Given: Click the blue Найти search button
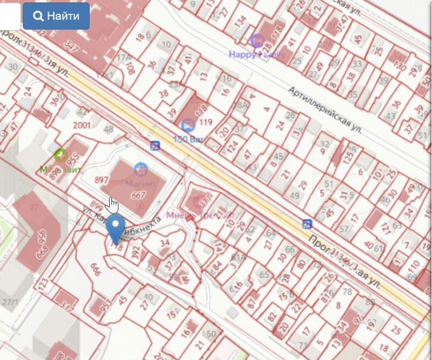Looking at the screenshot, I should coord(56,16).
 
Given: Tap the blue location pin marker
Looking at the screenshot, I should coord(116,228).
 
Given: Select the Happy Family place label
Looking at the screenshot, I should coord(257,54).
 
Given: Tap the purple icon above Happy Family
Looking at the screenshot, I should coord(257,41).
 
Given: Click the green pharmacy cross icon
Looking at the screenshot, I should coord(61,156).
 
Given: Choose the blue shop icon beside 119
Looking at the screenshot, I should coord(187,124).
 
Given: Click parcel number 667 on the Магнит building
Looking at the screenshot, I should coord(139,195).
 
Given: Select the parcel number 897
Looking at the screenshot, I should coord(102,181).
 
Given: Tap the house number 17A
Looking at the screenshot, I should coord(123,57).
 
